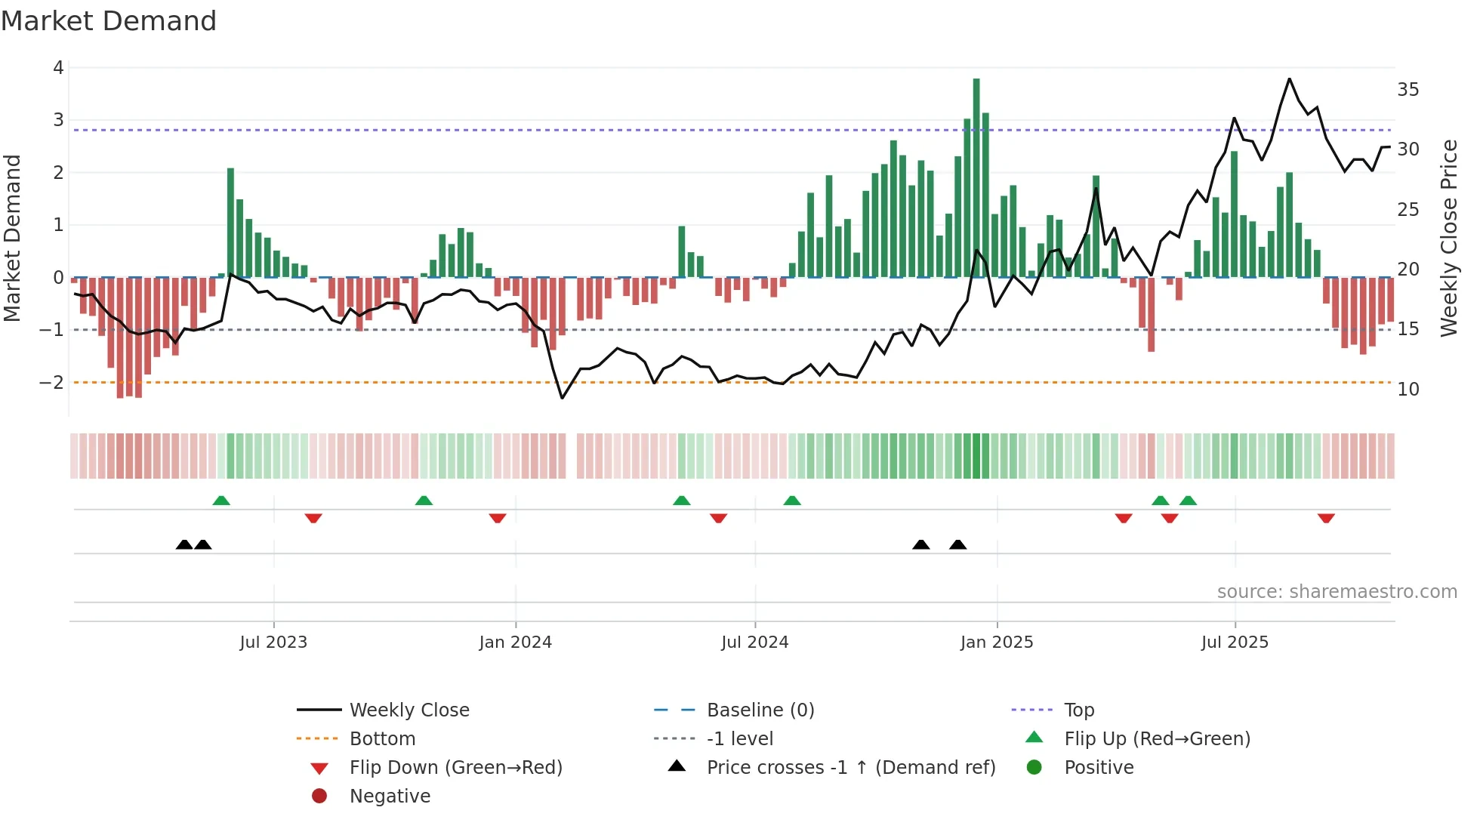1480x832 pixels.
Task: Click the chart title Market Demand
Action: pyautogui.click(x=109, y=21)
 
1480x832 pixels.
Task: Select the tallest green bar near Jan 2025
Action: pyautogui.click(x=976, y=177)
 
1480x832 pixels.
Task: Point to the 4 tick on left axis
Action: pyautogui.click(x=58, y=68)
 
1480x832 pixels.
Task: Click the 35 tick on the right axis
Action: pyautogui.click(x=1408, y=90)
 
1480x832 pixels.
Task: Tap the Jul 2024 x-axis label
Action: pyautogui.click(x=754, y=642)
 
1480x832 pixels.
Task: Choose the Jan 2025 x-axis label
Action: pyautogui.click(x=996, y=642)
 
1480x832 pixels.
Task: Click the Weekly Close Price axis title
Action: pyautogui.click(x=1448, y=238)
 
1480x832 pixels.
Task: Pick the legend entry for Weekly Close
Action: pyautogui.click(x=409, y=710)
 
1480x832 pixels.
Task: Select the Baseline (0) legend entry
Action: pyautogui.click(x=760, y=710)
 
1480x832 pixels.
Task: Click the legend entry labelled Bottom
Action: pyautogui.click(x=382, y=739)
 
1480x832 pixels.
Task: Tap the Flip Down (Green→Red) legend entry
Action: pyautogui.click(x=455, y=768)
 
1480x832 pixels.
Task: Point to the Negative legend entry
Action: pyautogui.click(x=390, y=797)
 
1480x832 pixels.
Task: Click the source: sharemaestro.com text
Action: pyautogui.click(x=1337, y=592)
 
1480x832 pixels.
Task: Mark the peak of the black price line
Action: pyautogui.click(x=1289, y=79)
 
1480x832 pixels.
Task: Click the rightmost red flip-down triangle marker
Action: pyautogui.click(x=1326, y=518)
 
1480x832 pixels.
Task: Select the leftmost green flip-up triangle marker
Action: pyautogui.click(x=221, y=501)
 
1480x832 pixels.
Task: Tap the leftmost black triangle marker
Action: pyautogui.click(x=183, y=544)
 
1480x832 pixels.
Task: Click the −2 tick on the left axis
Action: pyautogui.click(x=51, y=383)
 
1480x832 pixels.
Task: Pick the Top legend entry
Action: pyautogui.click(x=1078, y=710)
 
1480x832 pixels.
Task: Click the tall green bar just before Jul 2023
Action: pyautogui.click(x=230, y=223)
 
